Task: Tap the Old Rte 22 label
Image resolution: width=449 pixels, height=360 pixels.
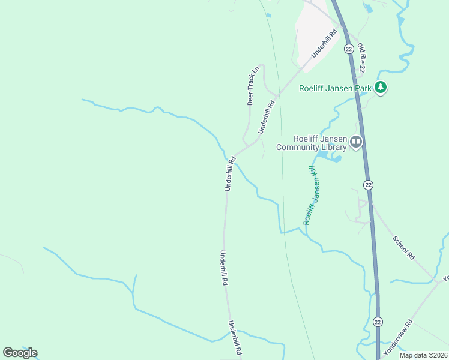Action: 361,58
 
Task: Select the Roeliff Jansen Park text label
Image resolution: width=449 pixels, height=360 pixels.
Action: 336,88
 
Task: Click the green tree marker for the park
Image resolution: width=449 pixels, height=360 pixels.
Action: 380,88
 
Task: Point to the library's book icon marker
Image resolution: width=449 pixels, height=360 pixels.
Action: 357,142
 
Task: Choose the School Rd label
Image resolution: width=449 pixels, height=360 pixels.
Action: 403,247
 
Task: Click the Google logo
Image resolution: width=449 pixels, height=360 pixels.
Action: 20,353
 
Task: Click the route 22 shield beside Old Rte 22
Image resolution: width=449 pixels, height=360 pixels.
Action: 349,49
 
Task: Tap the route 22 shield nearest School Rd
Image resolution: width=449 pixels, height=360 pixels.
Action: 369,184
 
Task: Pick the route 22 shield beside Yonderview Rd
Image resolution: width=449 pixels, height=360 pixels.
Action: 378,322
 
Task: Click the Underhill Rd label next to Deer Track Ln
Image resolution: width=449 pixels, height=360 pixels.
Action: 266,117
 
